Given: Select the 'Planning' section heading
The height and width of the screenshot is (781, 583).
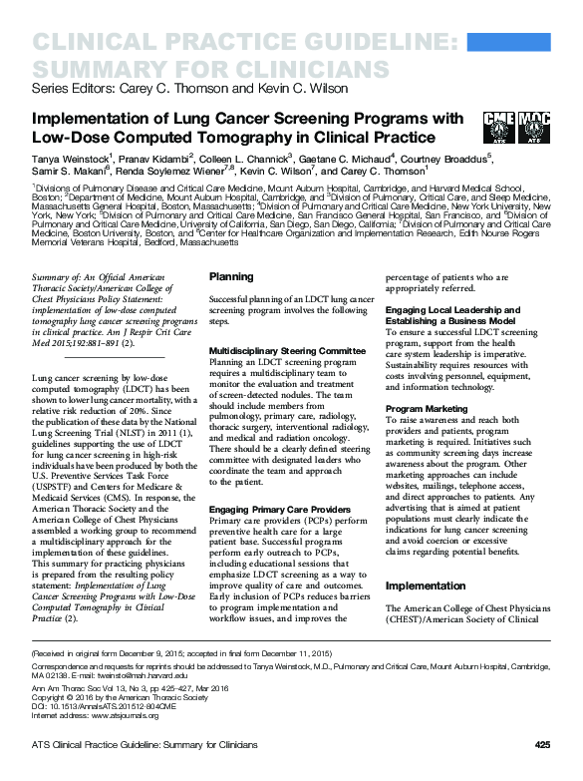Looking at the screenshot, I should click(231, 276).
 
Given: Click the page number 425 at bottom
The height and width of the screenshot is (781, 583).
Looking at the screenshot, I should click(542, 744).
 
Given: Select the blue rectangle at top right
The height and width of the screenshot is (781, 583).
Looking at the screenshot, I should click(520, 45).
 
